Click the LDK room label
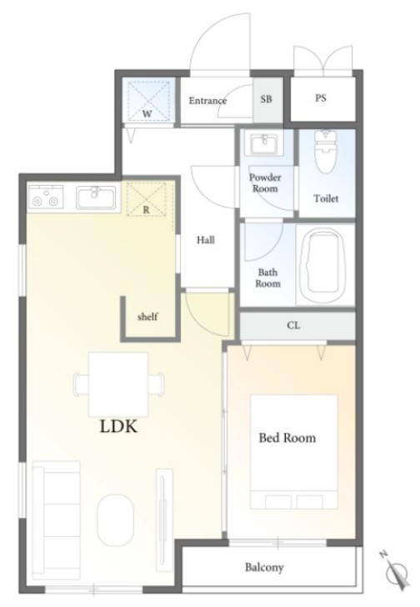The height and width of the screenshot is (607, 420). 118,427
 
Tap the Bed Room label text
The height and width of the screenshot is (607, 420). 287,438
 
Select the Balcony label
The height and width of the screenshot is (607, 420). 264,568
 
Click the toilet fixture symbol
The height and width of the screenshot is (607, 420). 326,152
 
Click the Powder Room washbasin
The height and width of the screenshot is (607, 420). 264,144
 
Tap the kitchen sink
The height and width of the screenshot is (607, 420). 96,198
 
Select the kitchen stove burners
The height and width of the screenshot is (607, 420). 46,198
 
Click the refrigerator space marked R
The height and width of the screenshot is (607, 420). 147,198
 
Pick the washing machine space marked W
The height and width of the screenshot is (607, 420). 148,101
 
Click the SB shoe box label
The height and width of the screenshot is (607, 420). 266,99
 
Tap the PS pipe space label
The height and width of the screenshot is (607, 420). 321,98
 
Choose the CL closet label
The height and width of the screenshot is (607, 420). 293,325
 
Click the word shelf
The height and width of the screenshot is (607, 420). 147,317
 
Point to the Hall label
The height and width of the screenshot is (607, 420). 205,240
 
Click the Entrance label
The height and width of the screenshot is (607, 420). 207,101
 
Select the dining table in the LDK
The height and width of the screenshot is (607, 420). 118,384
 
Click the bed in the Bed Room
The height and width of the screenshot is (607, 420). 294,452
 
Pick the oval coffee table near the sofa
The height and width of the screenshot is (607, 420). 115,519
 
